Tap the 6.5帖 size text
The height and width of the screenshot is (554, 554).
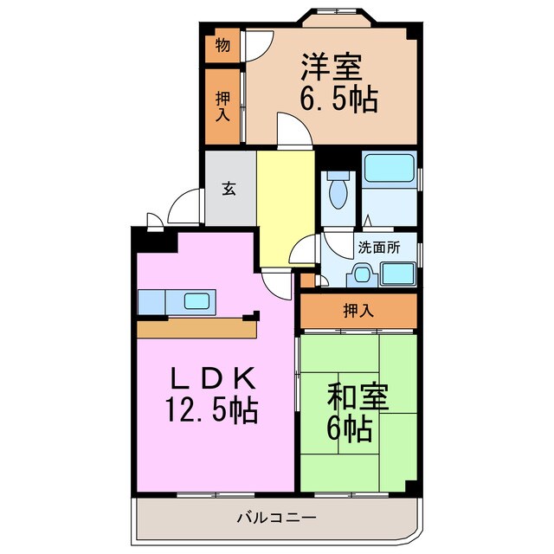(x=338, y=100)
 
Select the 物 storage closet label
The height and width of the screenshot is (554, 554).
(x=222, y=45)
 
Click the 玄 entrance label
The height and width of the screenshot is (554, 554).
(x=229, y=188)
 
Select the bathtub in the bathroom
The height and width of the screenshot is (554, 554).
(x=389, y=169)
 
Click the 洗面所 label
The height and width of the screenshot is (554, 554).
(x=380, y=246)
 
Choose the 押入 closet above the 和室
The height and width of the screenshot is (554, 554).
(x=358, y=311)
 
